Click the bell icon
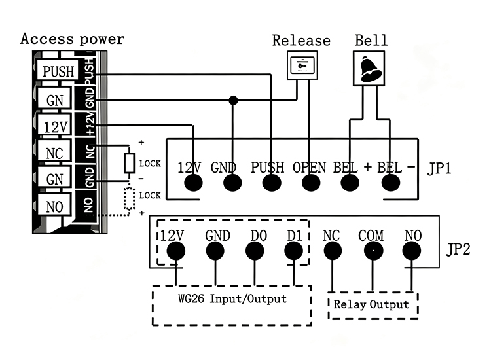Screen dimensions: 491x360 (x=369, y=69)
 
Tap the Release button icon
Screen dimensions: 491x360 (x=302, y=65)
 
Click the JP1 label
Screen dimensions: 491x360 (x=439, y=168)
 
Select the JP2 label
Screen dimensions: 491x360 (x=458, y=249)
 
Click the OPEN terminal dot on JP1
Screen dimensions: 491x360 (x=311, y=183)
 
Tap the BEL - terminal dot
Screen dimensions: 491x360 (x=390, y=183)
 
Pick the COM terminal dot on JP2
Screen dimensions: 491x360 (x=374, y=251)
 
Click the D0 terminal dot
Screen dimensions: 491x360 (x=255, y=251)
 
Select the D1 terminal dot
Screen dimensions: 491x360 (x=294, y=251)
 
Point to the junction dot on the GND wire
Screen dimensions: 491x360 (x=233, y=100)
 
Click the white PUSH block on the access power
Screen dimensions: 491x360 (x=58, y=70)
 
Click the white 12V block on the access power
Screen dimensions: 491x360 (x=54, y=126)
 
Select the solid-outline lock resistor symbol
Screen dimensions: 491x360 (x=129, y=163)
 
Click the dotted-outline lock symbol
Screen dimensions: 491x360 (x=129, y=198)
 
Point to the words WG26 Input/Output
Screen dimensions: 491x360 (x=232, y=298)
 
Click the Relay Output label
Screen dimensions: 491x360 (x=371, y=304)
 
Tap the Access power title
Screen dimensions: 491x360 (x=72, y=39)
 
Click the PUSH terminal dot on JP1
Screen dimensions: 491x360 (x=272, y=183)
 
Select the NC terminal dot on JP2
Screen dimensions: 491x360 (x=333, y=251)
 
